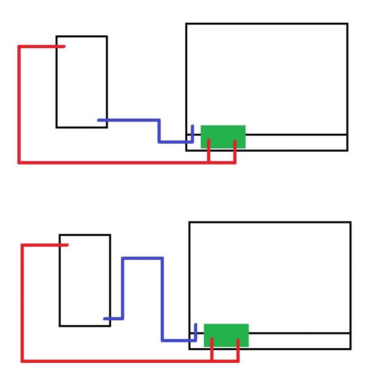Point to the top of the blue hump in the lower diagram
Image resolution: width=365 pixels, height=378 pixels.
click(142, 258)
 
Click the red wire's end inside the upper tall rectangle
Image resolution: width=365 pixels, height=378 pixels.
click(62, 46)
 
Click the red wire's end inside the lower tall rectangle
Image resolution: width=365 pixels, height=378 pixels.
click(66, 245)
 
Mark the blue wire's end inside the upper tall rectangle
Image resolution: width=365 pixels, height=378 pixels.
click(100, 120)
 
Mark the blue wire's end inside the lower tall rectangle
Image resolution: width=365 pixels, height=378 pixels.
click(105, 319)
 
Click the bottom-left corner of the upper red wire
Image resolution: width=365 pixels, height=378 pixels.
click(19, 163)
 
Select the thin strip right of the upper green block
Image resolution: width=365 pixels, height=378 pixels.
click(296, 142)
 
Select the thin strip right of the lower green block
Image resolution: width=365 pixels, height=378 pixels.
click(299, 341)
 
